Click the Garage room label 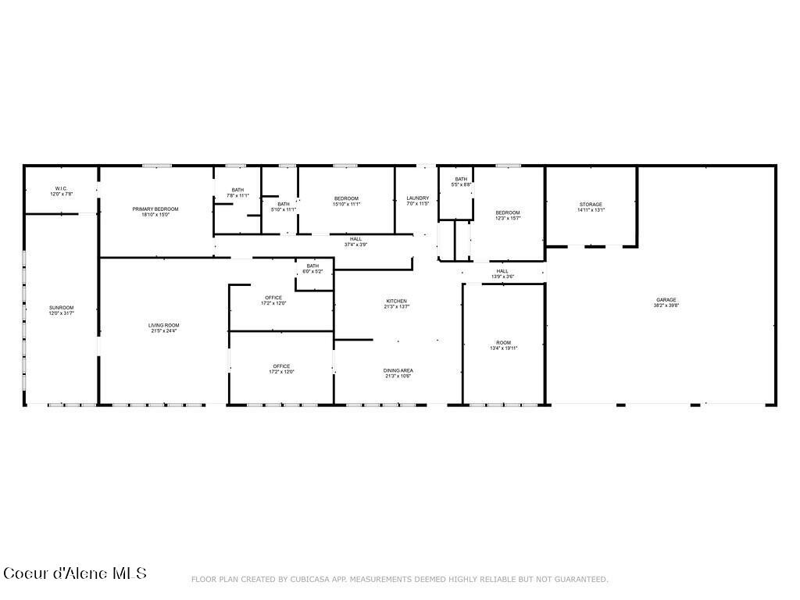click(666, 300)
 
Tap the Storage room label click(591, 205)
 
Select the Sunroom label click(61, 308)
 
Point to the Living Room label click(164, 325)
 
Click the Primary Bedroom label click(155, 209)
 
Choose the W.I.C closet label click(61, 189)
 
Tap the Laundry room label click(418, 198)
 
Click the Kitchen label click(397, 302)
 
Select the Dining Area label click(398, 370)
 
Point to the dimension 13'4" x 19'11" click(503, 348)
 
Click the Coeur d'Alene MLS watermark click(75, 573)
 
